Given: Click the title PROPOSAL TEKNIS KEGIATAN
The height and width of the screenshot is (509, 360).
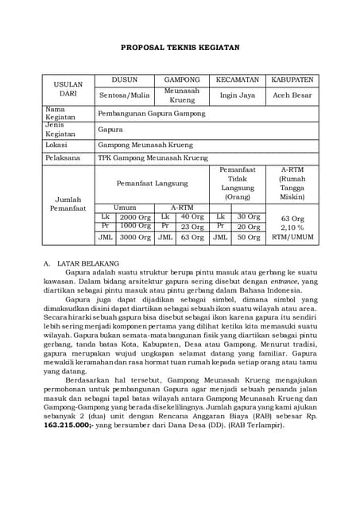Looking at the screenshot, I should click(180, 48).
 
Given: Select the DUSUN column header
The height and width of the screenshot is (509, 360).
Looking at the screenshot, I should click(124, 80).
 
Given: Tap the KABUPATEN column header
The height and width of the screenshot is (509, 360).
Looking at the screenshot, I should click(292, 80).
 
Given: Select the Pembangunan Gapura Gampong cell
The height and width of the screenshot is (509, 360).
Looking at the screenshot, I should click(151, 114).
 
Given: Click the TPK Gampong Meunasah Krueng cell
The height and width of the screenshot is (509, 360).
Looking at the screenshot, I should click(147, 159).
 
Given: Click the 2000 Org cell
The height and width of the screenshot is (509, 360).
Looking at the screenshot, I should click(134, 216).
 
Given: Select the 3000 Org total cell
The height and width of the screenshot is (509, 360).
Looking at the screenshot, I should click(134, 237).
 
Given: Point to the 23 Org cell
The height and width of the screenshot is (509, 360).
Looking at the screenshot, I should click(192, 227).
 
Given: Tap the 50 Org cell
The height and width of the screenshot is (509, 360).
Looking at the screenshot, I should click(248, 237).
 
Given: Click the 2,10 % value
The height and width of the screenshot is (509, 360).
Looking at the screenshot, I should click(292, 227).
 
